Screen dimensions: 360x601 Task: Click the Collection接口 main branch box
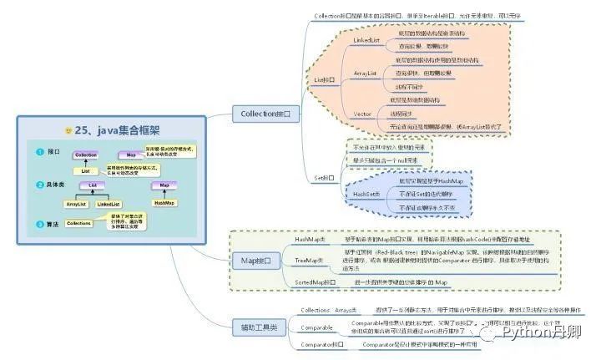pyautogui.click(x=265, y=114)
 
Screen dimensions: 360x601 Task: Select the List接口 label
pyautogui.click(x=324, y=79)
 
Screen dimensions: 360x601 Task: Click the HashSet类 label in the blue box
pyautogui.click(x=365, y=194)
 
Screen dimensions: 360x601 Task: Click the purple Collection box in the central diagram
pyautogui.click(x=86, y=155)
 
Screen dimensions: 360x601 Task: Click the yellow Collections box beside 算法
pyautogui.click(x=79, y=223)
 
